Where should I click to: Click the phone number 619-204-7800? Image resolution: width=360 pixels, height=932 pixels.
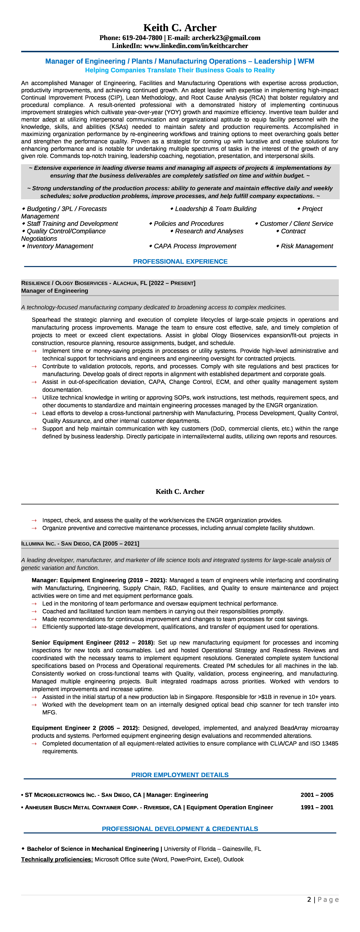[x=142, y=38]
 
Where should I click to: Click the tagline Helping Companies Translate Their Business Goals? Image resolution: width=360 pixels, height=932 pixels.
[x=180, y=70]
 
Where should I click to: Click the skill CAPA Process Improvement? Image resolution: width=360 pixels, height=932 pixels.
[x=195, y=246]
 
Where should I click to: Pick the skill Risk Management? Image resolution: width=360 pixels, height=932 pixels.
[x=307, y=246]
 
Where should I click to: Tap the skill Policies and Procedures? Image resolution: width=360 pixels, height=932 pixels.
[x=188, y=224]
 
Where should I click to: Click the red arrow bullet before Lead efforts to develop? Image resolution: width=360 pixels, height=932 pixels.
[x=34, y=413]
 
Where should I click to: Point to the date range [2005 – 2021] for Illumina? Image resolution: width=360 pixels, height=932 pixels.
[x=121, y=543]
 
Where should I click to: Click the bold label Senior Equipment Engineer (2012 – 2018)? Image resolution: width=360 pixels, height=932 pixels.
[x=93, y=643]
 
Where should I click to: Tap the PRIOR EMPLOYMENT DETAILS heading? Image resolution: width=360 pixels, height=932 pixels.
[x=180, y=775]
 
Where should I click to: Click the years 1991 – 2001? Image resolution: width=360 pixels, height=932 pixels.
[x=317, y=807]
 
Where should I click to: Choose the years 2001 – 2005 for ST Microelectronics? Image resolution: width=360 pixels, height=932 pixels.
[x=317, y=795]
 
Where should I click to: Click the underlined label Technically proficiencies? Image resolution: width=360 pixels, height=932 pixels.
[x=57, y=859]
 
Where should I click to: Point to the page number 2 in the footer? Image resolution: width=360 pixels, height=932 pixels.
[x=309, y=899]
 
